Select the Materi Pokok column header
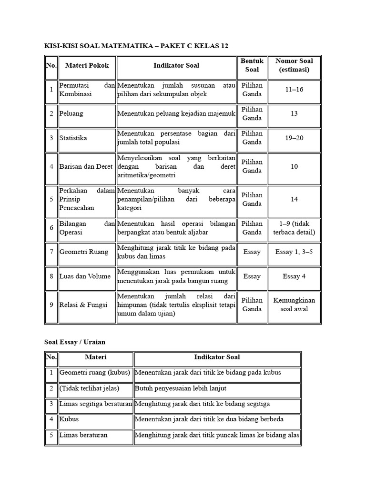pyautogui.click(x=87, y=65)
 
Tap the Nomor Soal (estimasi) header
pyautogui.click(x=294, y=65)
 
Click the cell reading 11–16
pyautogui.click(x=294, y=90)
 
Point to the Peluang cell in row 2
pyautogui.click(x=71, y=114)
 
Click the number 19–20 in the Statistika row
pyautogui.click(x=294, y=138)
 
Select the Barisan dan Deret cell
pyautogui.click(x=86, y=166)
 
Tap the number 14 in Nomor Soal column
pyautogui.click(x=294, y=199)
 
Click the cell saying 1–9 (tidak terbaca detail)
pyautogui.click(x=294, y=228)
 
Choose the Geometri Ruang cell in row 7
pyautogui.click(x=84, y=252)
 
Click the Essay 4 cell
pyautogui.click(x=294, y=276)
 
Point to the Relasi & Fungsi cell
pyautogui.click(x=83, y=305)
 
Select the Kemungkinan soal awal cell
pyautogui.click(x=294, y=305)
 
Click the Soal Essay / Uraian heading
pyautogui.click(x=75, y=342)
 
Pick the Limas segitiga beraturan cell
pyautogui.click(x=95, y=404)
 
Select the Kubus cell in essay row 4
pyautogui.click(x=69, y=419)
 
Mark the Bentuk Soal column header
pyautogui.click(x=252, y=65)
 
